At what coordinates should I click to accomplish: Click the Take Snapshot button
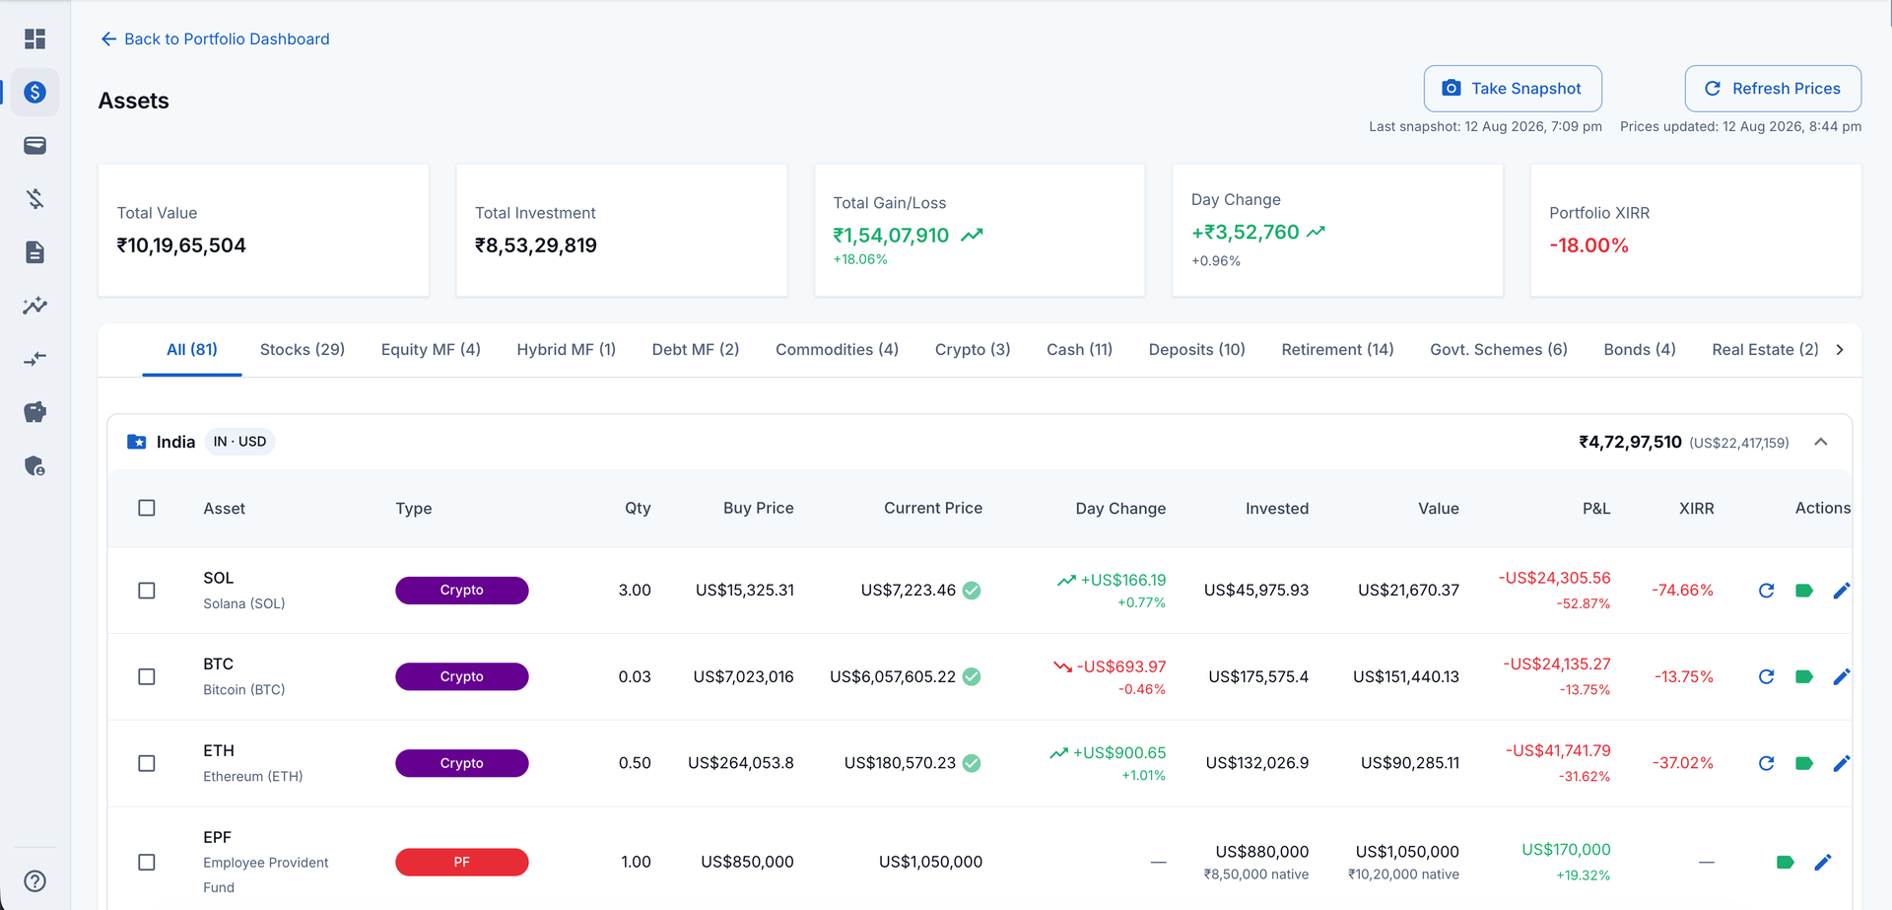tap(1513, 89)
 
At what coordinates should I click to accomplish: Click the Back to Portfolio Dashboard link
tap(215, 39)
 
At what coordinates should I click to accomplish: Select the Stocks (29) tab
tap(303, 350)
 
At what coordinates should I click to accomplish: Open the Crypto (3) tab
tap(973, 350)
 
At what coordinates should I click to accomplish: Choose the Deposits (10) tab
tap(1197, 350)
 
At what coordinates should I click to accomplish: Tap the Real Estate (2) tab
tap(1765, 350)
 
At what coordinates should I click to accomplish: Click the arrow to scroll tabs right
tap(1840, 350)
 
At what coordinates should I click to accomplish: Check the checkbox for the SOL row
tap(147, 591)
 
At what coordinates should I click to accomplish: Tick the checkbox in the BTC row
tap(147, 676)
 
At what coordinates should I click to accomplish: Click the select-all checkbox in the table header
tap(147, 508)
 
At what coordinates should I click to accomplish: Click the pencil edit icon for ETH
tap(1841, 763)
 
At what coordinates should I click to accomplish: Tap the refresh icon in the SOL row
tap(1766, 591)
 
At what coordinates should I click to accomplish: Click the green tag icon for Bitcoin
tap(1804, 676)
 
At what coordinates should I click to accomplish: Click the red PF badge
tap(461, 862)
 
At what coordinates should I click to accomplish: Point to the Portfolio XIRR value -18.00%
tap(1588, 245)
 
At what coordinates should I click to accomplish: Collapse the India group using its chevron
tap(1821, 442)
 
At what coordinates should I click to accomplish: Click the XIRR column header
tap(1696, 509)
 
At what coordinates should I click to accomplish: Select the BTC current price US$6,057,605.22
tap(893, 676)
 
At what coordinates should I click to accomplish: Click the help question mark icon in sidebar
tap(34, 881)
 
